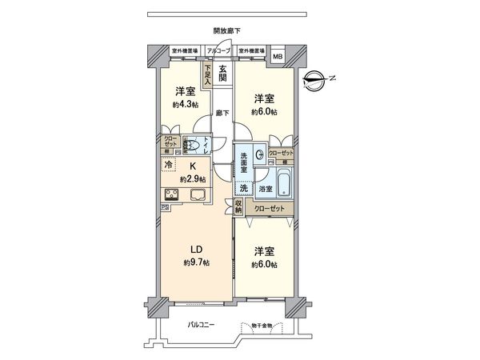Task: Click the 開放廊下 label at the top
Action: [226, 30]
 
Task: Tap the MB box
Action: [278, 56]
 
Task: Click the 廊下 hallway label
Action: [222, 114]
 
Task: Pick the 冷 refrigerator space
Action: [169, 165]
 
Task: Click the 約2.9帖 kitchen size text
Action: [193, 179]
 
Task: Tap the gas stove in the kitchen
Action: [174, 195]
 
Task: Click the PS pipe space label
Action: [164, 208]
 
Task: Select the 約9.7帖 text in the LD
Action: [196, 262]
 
